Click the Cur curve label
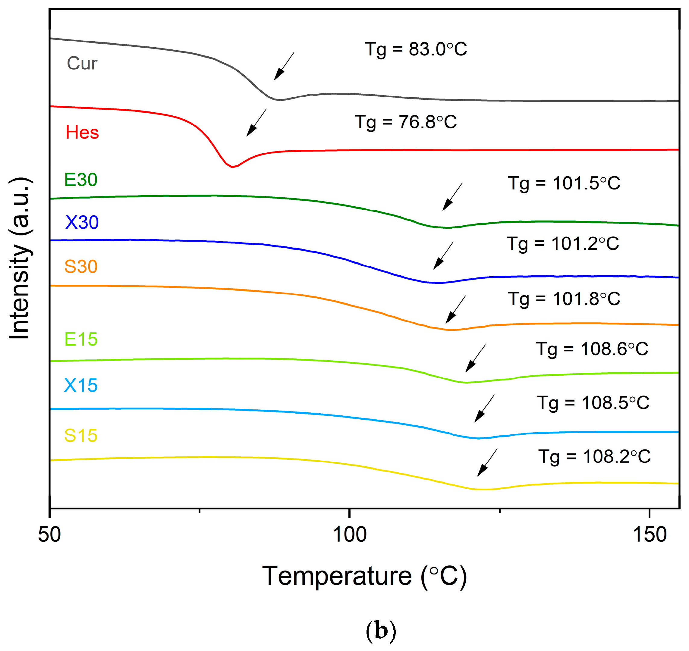coord(82,64)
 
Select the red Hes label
coord(82,133)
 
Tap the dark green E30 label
coord(81,180)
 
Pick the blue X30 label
coord(82,222)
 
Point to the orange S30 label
coord(81,267)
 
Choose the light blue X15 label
coord(81,385)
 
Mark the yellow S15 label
coord(81,436)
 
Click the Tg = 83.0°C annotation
coord(416,49)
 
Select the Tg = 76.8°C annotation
coord(405,122)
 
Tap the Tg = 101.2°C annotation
coord(562,244)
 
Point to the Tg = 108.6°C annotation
coord(592,349)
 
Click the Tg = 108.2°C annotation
coord(594,457)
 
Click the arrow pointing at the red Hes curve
coord(256,123)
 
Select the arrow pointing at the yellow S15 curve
coord(487,462)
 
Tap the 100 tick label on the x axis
coord(349,535)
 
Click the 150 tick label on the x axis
coord(650,535)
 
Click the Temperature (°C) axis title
coord(364,576)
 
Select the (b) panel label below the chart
coord(381,631)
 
